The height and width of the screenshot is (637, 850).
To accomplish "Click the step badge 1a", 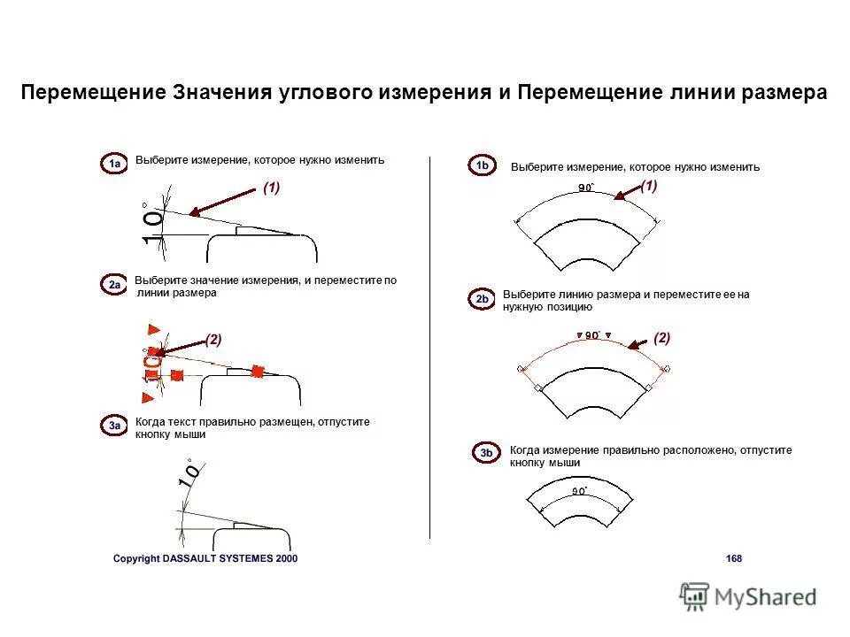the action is (112, 165).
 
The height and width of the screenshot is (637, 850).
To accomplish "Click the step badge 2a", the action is (115, 285).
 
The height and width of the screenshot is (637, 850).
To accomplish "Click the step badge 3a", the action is (114, 426).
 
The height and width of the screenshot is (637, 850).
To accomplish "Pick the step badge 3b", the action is (486, 454).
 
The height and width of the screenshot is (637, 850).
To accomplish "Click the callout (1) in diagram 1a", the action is (271, 188).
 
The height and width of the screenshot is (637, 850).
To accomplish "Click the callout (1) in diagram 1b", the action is (649, 186).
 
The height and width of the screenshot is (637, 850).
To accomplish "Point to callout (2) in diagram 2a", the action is (213, 339).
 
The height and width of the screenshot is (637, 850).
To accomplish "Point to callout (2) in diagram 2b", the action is (661, 337).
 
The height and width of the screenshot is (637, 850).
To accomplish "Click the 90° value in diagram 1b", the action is (586, 187).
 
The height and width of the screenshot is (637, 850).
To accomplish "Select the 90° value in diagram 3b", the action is (579, 490).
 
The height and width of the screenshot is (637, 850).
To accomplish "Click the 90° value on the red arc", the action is (591, 334).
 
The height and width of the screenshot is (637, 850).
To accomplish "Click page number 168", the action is (733, 558).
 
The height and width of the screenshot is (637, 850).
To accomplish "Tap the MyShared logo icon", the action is (695, 595).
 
